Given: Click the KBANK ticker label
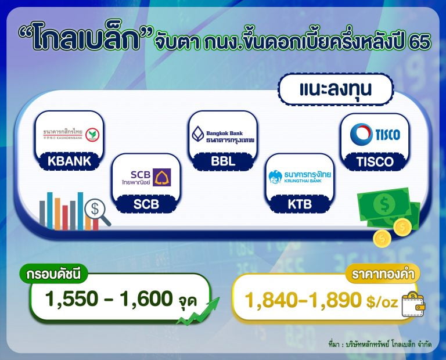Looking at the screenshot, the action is (69, 161).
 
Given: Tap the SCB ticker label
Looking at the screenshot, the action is (146, 204).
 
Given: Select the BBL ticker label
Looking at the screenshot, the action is (223, 161).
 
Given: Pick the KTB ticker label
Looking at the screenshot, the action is (300, 204).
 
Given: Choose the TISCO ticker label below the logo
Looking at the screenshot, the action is (375, 162).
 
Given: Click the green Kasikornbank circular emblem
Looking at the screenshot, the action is (92, 135).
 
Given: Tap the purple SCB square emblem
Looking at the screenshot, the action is (162, 177).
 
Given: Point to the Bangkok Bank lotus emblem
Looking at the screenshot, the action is (198, 134).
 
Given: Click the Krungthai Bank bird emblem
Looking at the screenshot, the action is (275, 177).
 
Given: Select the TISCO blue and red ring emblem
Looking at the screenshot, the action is (361, 134).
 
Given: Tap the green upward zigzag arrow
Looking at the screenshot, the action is (198, 311).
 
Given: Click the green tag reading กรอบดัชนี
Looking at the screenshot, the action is (54, 275).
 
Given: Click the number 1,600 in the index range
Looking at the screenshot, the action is (146, 299).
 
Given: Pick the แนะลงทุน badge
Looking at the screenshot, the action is (336, 89).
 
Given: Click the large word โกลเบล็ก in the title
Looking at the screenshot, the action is (85, 37).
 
